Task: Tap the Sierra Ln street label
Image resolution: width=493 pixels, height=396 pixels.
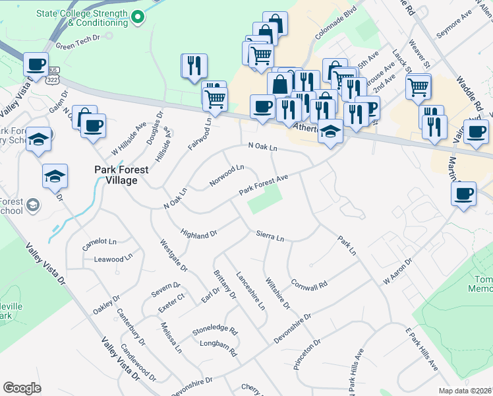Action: [270, 236]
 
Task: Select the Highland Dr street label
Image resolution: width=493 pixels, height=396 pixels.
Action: [198, 234]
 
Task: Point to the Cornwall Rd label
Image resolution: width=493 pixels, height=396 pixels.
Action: [308, 284]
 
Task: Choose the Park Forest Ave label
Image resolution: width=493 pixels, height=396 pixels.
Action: [264, 185]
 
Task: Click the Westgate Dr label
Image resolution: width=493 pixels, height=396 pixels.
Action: [174, 255]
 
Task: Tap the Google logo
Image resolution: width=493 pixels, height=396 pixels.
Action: [22, 388]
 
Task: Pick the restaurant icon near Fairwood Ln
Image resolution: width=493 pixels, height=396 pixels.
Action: [194, 65]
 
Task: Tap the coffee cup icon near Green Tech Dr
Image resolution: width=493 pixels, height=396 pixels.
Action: [36, 64]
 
